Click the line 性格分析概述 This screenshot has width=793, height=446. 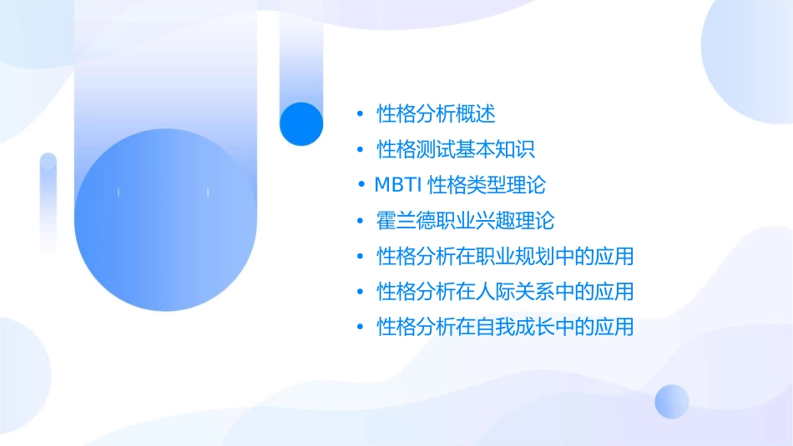tap(437, 114)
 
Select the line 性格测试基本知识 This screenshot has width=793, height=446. tap(456, 150)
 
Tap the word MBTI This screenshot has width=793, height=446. tap(399, 185)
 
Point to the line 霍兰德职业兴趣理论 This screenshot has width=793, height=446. tap(466, 221)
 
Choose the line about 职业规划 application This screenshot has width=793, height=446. tap(505, 256)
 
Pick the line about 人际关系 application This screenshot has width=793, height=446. tap(505, 292)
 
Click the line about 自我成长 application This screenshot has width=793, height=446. tap(505, 327)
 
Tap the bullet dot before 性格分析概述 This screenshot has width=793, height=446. tap(360, 114)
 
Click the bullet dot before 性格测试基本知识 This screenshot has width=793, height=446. tap(360, 150)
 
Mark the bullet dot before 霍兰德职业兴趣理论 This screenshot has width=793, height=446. tap(360, 221)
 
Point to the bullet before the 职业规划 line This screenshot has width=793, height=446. tap(360, 256)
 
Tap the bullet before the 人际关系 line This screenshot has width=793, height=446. tap(360, 292)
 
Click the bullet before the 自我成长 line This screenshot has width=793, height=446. tap(360, 327)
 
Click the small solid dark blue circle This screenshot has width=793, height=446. tap(301, 123)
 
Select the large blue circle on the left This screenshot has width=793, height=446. tap(165, 220)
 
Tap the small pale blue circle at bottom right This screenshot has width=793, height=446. tap(672, 401)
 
